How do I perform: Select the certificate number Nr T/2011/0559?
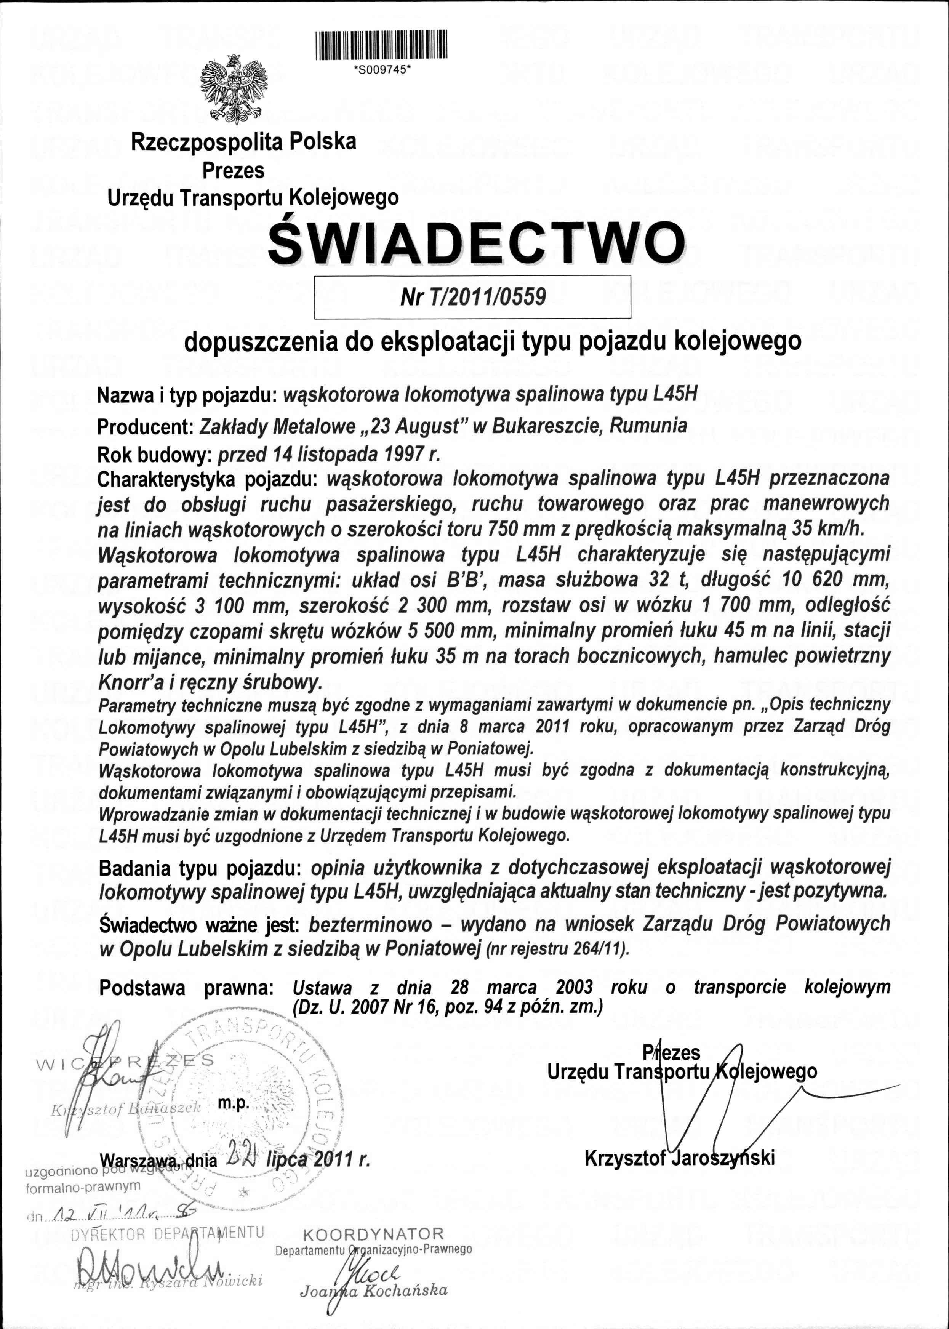pos(473,297)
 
